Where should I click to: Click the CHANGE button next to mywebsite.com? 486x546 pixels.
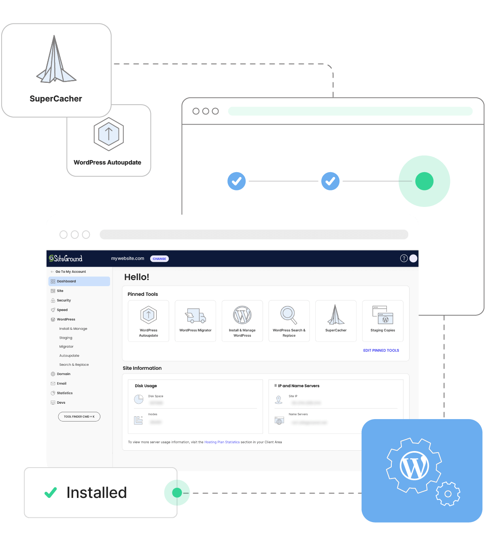tap(159, 259)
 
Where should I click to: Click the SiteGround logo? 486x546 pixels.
tap(66, 259)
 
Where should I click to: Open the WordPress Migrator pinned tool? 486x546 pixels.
tap(195, 321)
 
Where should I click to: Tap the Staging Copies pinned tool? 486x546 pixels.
tap(383, 321)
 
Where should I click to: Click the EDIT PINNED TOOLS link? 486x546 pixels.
tap(381, 350)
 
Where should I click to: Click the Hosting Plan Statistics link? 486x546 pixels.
tap(222, 442)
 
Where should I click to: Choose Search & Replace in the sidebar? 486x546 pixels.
tap(74, 365)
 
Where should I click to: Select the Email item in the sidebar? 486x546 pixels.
tap(62, 384)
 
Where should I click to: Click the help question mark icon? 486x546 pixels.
tap(403, 259)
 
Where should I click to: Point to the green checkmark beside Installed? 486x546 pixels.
tap(51, 492)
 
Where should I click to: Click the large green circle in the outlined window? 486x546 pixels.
tap(424, 181)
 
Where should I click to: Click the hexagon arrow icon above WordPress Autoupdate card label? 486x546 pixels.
tap(108, 134)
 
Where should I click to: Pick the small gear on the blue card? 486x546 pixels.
tap(448, 493)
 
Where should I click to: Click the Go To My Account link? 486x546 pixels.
tap(70, 272)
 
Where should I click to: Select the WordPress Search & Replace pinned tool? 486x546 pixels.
tap(289, 321)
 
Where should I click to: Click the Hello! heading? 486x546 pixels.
tap(137, 277)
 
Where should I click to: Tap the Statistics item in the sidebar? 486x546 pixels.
tap(65, 393)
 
